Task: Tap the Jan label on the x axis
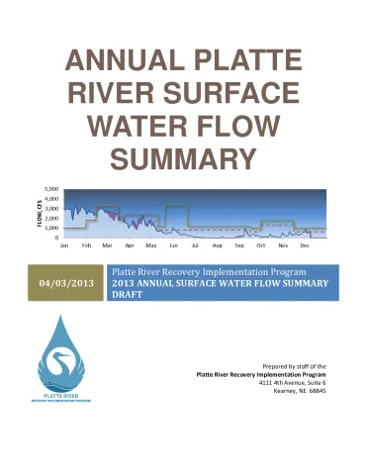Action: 64,244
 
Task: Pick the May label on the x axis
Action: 150,244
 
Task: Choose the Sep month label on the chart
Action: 238,244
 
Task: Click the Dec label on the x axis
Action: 305,244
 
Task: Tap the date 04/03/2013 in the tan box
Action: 66,285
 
